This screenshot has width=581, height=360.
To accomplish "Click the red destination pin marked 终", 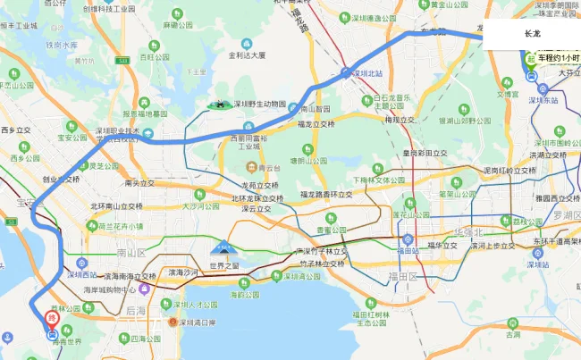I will pyautogui.click(x=52, y=318).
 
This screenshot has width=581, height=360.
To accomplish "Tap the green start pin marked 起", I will pyautogui.click(x=531, y=61).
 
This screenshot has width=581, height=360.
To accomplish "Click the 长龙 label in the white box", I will pyautogui.click(x=532, y=33).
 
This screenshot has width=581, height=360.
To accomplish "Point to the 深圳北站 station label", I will pyautogui.click(x=372, y=73).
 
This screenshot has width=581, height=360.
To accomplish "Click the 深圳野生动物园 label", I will pyautogui.click(x=259, y=104).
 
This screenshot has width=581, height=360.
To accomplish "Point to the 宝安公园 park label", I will pyautogui.click(x=72, y=138).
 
